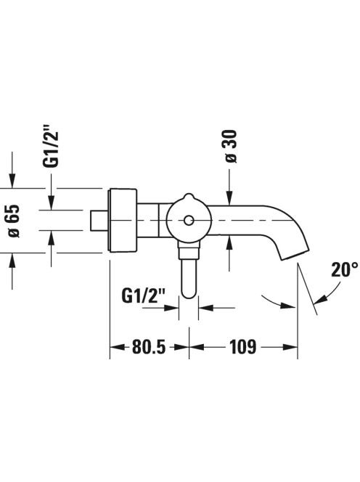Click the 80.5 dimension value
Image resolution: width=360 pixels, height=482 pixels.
[x=149, y=347]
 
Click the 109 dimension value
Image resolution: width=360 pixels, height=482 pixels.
[x=243, y=347]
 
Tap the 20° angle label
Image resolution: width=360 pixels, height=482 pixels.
[x=344, y=269]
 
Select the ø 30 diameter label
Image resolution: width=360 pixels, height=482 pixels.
[x=232, y=147]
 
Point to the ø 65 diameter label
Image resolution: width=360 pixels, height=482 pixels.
[x=14, y=221]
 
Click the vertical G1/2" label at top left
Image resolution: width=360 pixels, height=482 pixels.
[x=50, y=146]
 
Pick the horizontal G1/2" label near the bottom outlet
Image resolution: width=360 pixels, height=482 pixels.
[x=144, y=296]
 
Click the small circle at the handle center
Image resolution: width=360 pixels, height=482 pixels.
[x=189, y=221]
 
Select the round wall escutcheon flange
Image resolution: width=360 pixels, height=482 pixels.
[x=122, y=220]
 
